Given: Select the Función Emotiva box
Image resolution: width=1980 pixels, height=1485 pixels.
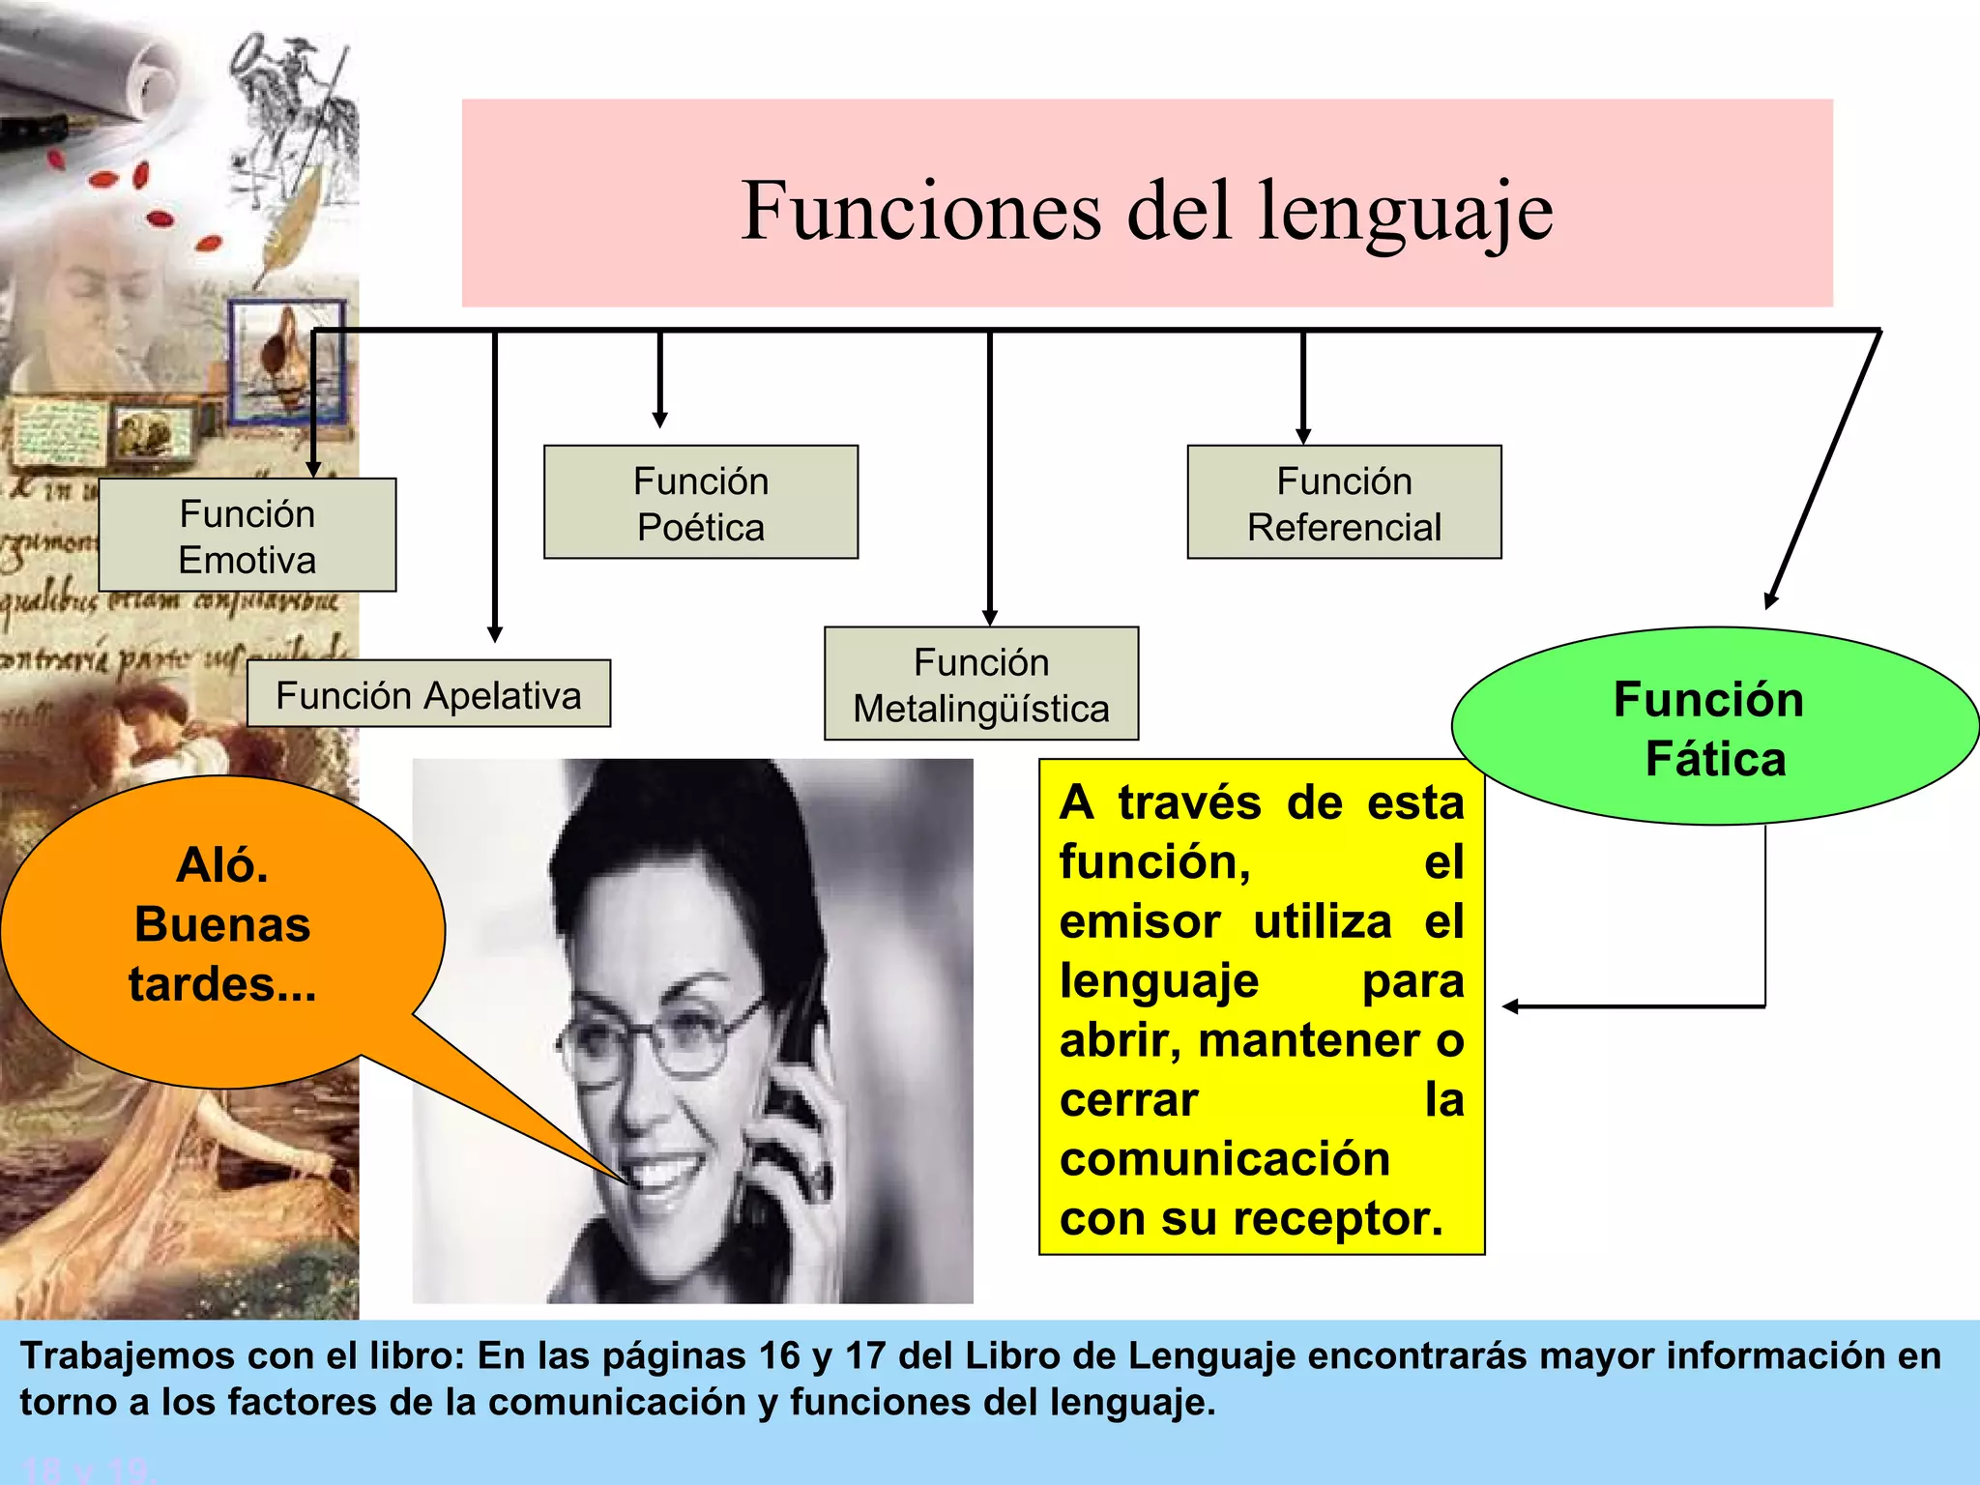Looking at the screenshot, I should [247, 536].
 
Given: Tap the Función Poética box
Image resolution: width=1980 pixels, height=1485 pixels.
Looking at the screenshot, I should [701, 503].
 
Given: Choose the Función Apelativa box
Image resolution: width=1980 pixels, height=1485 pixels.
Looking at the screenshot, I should [428, 694].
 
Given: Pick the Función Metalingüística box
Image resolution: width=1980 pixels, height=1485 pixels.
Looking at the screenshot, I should [981, 684].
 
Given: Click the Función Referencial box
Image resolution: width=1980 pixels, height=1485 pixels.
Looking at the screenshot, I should [1344, 503].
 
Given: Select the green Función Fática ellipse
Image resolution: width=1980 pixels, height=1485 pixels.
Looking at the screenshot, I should [1714, 727].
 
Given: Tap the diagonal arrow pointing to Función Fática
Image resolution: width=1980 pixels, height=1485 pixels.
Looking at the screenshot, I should [1822, 474].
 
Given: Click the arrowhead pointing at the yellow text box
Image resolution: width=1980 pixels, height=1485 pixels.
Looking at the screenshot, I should [1511, 1006].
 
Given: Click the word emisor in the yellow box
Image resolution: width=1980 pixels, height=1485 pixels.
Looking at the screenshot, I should [1139, 921].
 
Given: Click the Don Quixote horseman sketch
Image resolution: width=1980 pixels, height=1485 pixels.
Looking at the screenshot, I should [290, 106].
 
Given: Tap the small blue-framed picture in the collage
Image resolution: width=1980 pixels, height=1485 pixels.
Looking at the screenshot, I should [287, 360].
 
